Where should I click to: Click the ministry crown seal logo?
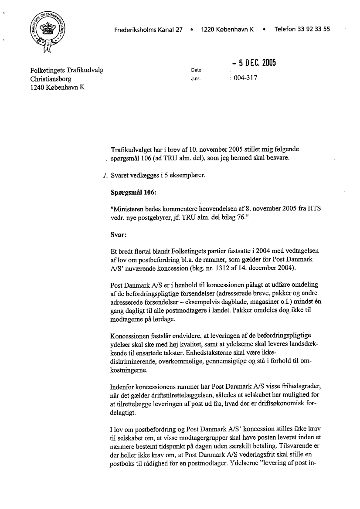pyautogui.click(x=48, y=31)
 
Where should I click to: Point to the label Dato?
pyautogui.click(x=196, y=70)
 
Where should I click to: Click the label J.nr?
pyautogui.click(x=195, y=80)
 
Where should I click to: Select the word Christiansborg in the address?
pyautogui.click(x=51, y=79)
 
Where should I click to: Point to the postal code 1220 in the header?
pyautogui.click(x=208, y=30)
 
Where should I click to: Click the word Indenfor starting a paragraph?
pyautogui.click(x=124, y=386)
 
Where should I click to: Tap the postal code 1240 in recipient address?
pyautogui.click(x=37, y=88)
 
